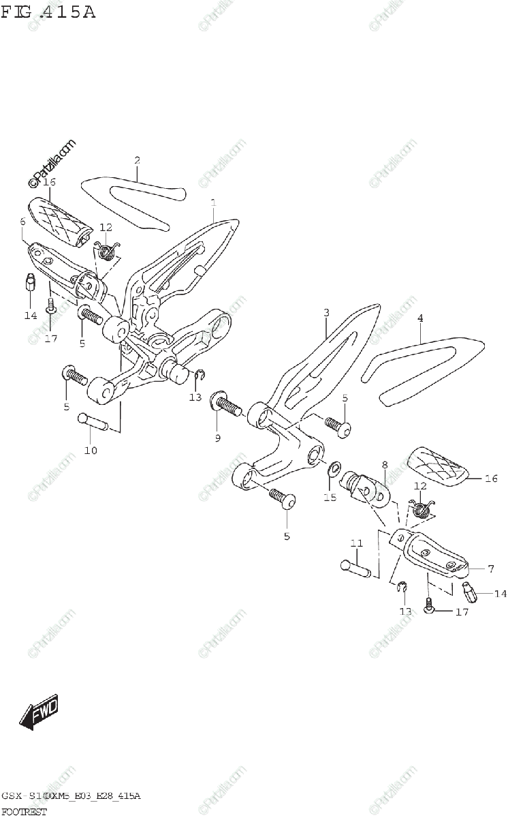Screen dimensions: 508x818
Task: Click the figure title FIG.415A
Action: point(48,12)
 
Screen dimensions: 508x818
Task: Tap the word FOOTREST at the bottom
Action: point(25,811)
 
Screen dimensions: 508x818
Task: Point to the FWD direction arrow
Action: point(39,713)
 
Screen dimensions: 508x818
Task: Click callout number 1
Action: point(213,202)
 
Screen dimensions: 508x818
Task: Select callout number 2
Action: point(138,161)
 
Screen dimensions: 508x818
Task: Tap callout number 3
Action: point(326,312)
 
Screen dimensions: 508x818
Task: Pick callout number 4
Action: point(420,318)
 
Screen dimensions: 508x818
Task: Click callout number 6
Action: point(22,222)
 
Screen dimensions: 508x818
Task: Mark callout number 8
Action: point(384,466)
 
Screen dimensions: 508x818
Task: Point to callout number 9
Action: point(218,438)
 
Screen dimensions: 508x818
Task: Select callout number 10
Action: point(91,450)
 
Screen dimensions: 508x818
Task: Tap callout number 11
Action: point(355,543)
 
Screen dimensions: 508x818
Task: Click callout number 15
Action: point(330,498)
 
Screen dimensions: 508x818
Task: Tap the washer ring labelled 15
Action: point(335,469)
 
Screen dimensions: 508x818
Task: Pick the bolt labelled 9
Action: point(225,406)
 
